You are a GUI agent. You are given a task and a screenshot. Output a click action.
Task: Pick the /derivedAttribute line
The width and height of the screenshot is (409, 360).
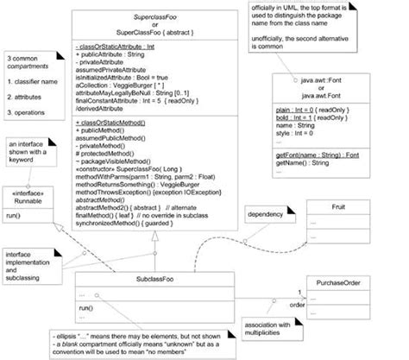pyautogui.click(x=108, y=111)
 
